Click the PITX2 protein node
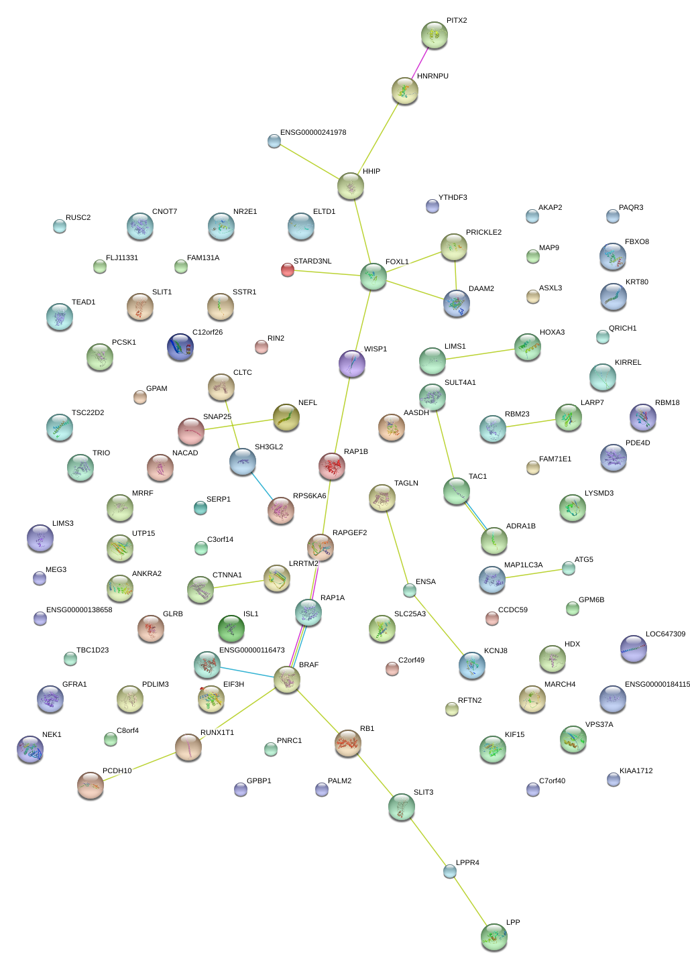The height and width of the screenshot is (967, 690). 434,35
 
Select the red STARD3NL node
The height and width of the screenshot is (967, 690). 288,270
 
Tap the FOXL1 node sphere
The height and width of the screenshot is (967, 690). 373,276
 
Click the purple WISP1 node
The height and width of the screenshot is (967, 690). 351,363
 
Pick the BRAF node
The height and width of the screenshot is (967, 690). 286,680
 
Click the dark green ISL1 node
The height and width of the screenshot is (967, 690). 231,628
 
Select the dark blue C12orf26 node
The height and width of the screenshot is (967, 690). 180,347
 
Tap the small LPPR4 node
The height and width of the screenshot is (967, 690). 449,871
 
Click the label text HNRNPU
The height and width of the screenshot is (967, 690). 433,76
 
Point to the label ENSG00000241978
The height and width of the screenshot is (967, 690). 313,133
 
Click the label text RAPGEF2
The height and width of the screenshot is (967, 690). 349,533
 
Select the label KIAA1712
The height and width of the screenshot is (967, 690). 636,771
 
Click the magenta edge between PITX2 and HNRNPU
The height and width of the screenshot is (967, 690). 419,63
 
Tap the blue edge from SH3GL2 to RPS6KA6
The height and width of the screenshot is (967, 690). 262,486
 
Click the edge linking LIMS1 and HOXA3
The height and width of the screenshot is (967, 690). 480,354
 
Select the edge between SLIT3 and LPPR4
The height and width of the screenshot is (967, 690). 426,839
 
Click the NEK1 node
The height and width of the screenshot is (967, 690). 30,749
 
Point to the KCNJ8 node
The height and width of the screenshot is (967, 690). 471,665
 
